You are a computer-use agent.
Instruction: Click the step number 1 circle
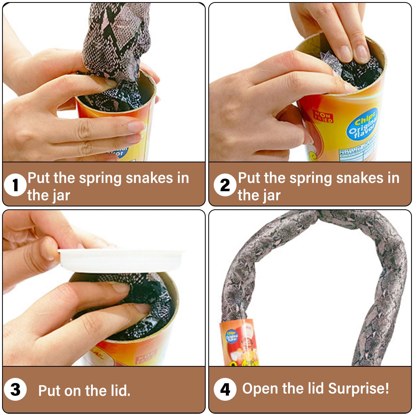click(15, 185)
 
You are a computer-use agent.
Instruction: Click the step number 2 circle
click(225, 185)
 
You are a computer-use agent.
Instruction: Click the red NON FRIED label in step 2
click(323, 117)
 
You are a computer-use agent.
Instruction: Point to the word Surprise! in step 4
click(358, 389)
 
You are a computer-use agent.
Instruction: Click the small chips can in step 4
click(238, 342)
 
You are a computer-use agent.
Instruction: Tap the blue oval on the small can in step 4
click(231, 336)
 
